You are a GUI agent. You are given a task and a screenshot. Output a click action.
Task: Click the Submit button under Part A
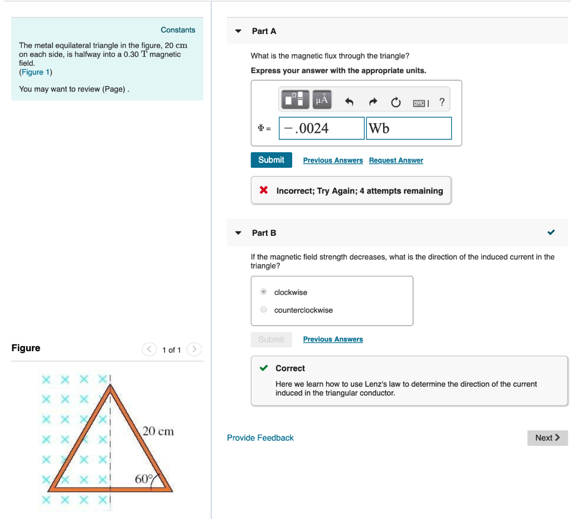coord(271,160)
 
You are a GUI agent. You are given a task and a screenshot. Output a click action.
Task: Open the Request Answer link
coord(396,161)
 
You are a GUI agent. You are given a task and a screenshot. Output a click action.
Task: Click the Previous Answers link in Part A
coord(333,161)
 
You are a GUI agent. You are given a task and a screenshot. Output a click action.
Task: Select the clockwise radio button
coord(264,292)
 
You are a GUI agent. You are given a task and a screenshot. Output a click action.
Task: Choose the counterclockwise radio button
coord(264,310)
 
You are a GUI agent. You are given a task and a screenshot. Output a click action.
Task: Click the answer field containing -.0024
coord(321,128)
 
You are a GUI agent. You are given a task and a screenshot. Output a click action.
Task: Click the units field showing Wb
coord(408,128)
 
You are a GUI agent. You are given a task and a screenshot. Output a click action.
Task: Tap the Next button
coord(547,438)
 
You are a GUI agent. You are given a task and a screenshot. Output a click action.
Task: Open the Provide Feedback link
coord(260,438)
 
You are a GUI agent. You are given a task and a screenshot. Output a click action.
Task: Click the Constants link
coord(178,30)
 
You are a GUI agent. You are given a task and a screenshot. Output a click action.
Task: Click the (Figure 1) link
coord(36,72)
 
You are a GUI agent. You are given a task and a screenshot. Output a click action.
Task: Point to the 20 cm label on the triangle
coord(158,431)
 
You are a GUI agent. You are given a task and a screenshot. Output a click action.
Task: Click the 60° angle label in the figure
coord(143,479)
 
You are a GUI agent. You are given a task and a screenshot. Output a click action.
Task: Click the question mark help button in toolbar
coord(442,102)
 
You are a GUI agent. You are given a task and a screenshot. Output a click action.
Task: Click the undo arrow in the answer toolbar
coord(350,102)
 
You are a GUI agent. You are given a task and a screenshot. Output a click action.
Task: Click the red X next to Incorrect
coord(264,191)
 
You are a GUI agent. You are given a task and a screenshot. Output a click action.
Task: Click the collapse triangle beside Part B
coord(239,233)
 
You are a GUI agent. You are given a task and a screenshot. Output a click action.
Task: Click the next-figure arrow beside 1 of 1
coord(193,350)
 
